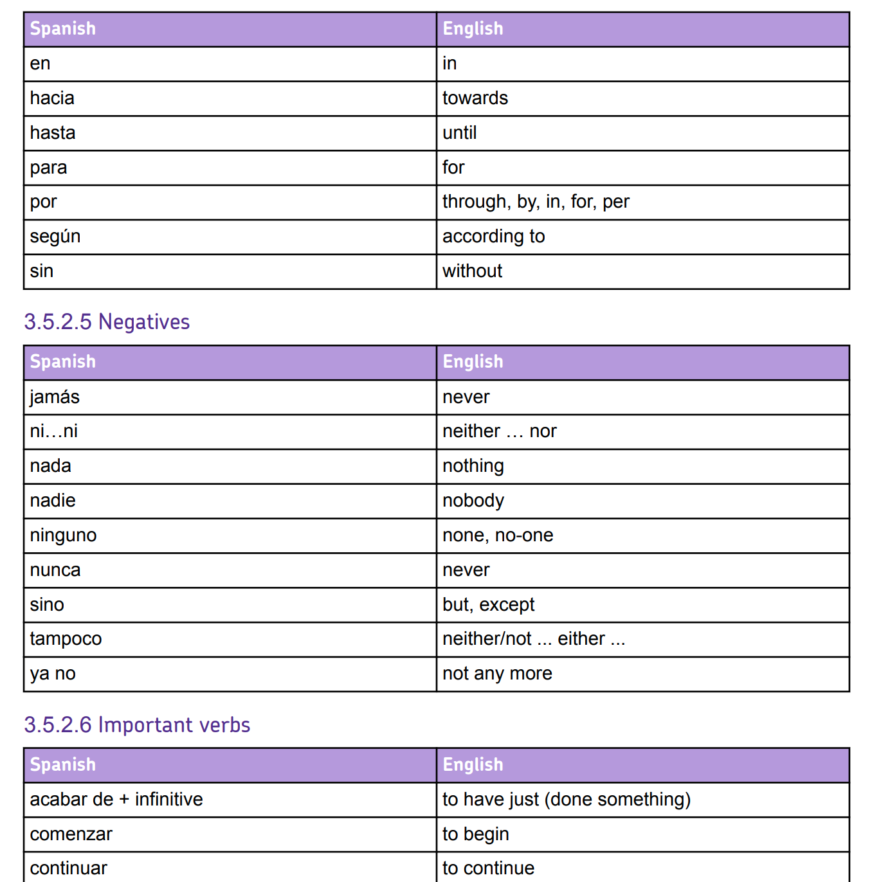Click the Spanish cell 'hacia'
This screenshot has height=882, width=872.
coord(52,98)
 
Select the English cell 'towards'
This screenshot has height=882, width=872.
coord(475,98)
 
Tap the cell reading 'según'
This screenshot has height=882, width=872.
coord(55,237)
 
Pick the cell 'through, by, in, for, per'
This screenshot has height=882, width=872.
coord(535,202)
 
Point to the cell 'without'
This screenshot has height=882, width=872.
coord(472,271)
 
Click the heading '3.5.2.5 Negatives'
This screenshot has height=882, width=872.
coord(107,321)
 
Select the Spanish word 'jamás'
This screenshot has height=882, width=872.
coord(55,397)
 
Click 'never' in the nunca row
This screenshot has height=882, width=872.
coord(466,570)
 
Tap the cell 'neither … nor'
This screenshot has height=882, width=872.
coord(499,431)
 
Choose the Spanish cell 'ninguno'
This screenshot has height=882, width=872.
coord(63,535)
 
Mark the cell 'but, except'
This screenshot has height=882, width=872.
coord(488,605)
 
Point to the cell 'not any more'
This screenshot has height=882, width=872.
coord(497,674)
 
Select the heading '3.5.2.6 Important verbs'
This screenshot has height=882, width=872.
coord(137,724)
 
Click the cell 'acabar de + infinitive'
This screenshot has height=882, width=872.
coord(116,800)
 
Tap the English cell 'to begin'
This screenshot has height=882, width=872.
coord(475,834)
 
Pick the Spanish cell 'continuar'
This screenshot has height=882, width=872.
coord(68,868)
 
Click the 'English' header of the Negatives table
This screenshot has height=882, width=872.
coord(473,362)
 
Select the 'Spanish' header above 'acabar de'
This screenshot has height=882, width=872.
coord(62,765)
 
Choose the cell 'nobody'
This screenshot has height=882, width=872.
coord(473,501)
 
